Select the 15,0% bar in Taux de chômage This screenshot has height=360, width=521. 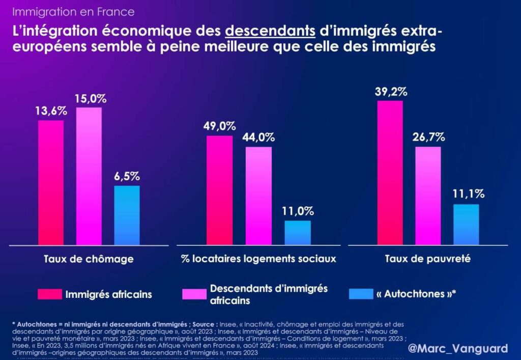coord(89,176)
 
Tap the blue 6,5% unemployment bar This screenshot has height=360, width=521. coord(127,215)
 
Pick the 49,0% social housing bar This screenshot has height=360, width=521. coord(219,190)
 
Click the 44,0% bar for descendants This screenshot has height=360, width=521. coord(258,196)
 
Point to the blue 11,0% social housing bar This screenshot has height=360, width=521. coord(297,233)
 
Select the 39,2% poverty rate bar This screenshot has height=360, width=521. coord(390,173)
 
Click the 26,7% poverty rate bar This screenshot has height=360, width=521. coord(428,196)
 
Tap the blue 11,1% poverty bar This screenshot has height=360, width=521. coord(466,225)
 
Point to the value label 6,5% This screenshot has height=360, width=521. coord(127,177)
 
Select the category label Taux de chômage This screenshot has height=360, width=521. coord(89,259)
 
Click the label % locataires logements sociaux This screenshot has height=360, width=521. coord(258,259)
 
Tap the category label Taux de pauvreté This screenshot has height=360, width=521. coord(428,259)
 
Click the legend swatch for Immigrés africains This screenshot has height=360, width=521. coord(49,294)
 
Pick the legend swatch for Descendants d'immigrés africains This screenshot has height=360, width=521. coord(194,294)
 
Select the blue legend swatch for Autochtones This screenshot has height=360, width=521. coord(362,294)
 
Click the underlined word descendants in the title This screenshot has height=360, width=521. coord(270,31)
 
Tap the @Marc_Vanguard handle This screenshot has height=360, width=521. coord(458,348)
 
